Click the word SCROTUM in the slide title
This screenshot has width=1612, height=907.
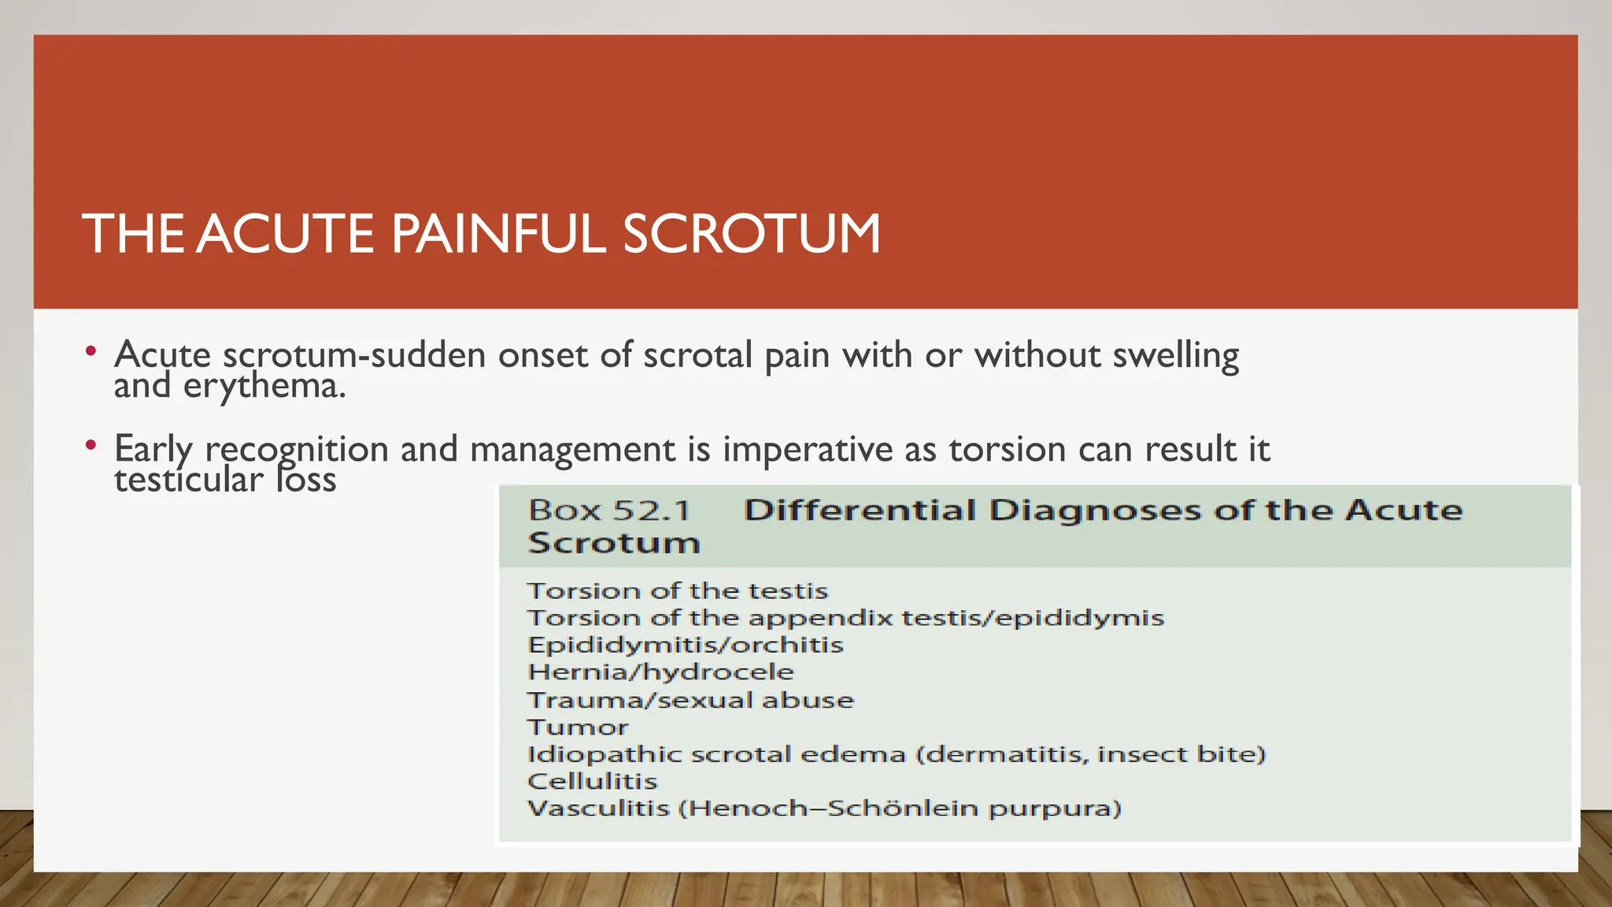point(752,234)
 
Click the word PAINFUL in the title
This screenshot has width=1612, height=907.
point(498,234)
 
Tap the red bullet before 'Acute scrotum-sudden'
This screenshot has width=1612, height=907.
point(91,351)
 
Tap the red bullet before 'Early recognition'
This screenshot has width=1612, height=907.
point(91,446)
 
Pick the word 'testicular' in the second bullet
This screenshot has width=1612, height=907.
point(189,479)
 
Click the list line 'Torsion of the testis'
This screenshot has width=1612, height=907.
point(677,590)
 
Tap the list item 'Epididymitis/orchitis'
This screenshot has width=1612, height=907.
point(685,645)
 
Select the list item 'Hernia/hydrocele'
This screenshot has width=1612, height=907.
point(660,672)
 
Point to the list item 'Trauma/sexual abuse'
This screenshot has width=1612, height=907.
point(690,700)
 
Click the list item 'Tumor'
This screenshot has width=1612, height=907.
point(578,727)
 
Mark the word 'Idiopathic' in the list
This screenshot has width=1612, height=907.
point(604,754)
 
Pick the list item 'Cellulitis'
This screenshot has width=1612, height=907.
point(592,781)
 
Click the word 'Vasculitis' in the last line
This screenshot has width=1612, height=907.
point(597,809)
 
